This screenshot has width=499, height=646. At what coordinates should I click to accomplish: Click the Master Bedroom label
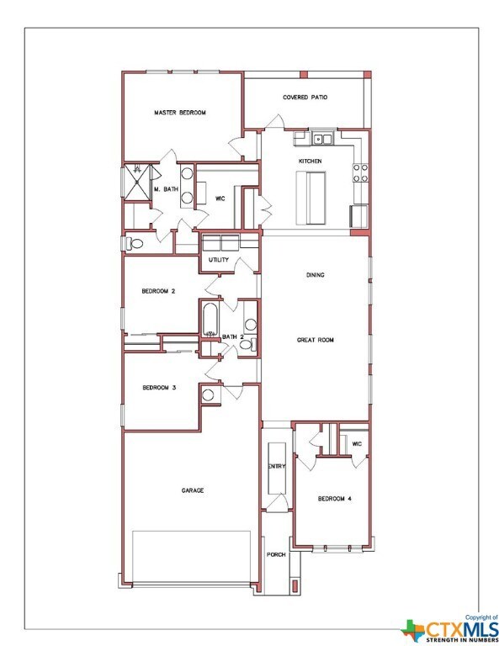pos(179,113)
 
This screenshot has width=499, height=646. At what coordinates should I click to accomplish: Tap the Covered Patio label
pos(305,98)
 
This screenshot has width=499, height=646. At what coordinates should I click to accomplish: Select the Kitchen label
pos(311,161)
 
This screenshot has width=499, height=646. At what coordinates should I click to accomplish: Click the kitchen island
pos(311,198)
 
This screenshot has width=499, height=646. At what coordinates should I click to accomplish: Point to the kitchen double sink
pos(321,140)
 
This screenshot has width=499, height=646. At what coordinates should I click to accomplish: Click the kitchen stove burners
pos(360,173)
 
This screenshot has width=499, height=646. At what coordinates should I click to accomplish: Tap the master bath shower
pos(137,182)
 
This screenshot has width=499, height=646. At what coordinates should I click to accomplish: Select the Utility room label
pos(219,260)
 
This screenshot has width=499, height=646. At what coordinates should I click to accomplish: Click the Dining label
pos(316,275)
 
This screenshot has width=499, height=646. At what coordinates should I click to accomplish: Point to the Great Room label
pos(316,340)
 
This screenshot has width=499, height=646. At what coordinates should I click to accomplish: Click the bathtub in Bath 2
pos(210,320)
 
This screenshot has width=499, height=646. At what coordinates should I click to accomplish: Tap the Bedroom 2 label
pos(158,291)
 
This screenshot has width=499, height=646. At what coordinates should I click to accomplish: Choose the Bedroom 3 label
pos(159,387)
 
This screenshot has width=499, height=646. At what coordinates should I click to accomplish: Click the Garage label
pos(193,490)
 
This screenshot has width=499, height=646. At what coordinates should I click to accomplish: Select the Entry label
pos(277,466)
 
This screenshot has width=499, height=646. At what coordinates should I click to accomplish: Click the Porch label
pos(276,554)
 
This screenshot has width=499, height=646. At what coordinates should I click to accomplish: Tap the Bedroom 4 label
pos(334,499)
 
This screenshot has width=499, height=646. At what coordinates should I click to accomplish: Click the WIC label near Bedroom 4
pos(357,444)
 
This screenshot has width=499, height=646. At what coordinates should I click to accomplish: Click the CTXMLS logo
pos(449,628)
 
